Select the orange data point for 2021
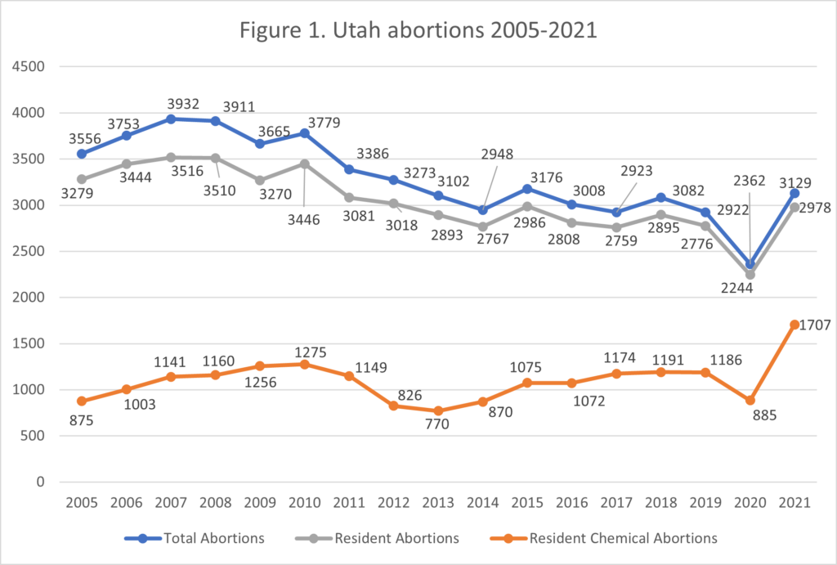794,325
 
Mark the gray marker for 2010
304,164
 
